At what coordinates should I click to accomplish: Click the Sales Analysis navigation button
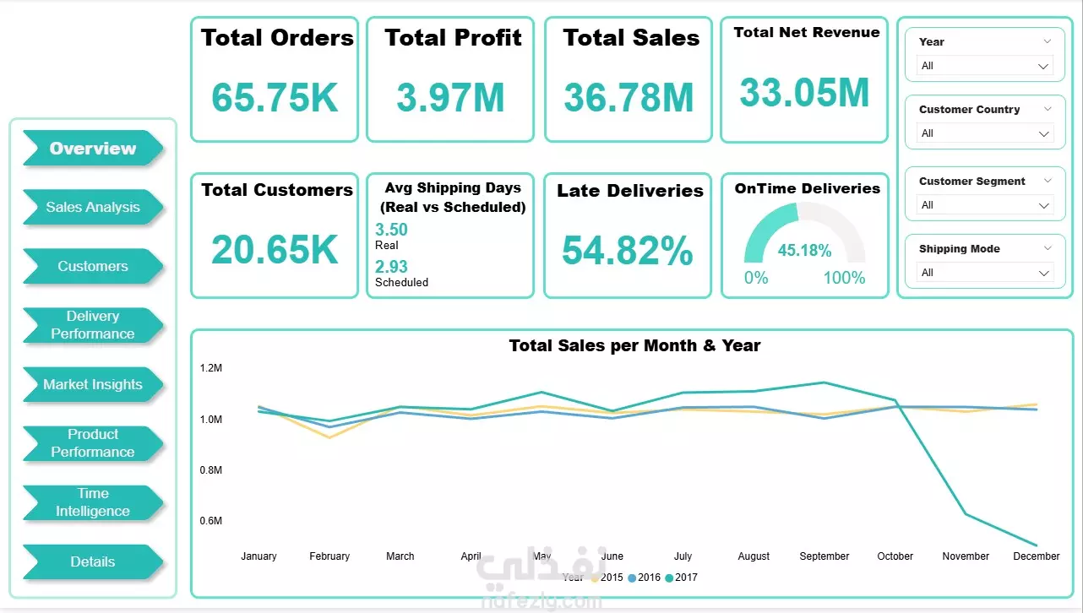[x=93, y=207]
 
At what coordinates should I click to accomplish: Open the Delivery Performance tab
[x=93, y=325]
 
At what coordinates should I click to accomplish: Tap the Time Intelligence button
[x=93, y=502]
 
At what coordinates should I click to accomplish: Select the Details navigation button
[x=93, y=561]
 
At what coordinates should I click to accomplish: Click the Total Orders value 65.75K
[x=275, y=97]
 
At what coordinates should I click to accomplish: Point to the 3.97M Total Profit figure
[x=450, y=97]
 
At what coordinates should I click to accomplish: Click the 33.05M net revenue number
[x=804, y=92]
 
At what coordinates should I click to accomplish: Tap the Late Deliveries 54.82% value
[x=628, y=250]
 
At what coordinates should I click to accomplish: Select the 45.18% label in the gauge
[x=804, y=251]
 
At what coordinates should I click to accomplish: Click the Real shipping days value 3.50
[x=391, y=230]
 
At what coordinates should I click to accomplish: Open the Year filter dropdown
[x=985, y=66]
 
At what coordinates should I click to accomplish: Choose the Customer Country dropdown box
[x=985, y=133]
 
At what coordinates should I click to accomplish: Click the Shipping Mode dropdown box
[x=985, y=273]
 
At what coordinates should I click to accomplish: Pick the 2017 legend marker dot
[x=669, y=578]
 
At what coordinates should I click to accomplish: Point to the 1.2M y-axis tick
[x=211, y=368]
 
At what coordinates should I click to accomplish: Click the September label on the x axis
[x=824, y=556]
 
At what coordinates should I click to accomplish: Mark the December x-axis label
[x=1037, y=556]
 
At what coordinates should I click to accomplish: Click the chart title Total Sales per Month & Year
[x=634, y=345]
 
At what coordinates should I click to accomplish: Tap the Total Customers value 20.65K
[x=275, y=250]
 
